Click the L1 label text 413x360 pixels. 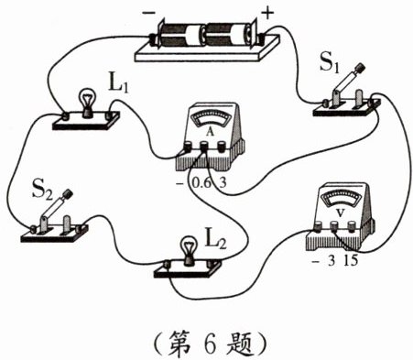click(119, 82)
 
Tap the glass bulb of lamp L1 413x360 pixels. click(88, 99)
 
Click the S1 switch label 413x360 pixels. click(330, 63)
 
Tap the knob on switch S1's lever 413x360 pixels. click(362, 68)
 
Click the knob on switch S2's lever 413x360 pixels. click(68, 194)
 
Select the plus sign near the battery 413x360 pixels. click(267, 14)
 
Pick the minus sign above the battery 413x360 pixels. click(149, 13)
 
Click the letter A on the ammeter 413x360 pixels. click(210, 131)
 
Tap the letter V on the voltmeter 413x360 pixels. click(340, 213)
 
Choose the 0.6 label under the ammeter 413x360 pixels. click(201, 183)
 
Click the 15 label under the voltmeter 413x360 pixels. click(350, 261)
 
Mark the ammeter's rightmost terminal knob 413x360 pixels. click(221, 147)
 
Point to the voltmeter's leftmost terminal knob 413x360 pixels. click(318, 226)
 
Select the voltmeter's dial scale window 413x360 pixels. click(342, 199)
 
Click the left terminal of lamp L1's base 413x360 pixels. click(65, 115)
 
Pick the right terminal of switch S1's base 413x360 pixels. click(373, 103)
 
